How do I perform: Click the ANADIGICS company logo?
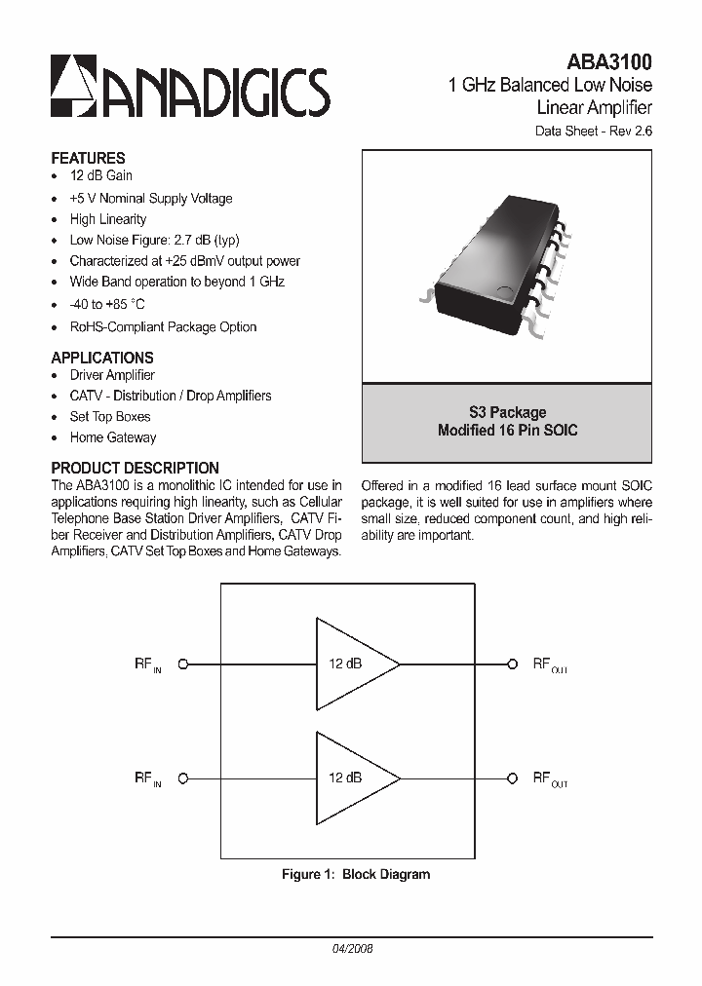pyautogui.click(x=190, y=87)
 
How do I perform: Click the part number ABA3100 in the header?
pyautogui.click(x=609, y=61)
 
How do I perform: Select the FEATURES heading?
pyautogui.click(x=88, y=158)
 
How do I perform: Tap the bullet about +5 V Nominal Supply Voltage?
pyautogui.click(x=150, y=199)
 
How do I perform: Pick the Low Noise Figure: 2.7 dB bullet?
pyautogui.click(x=154, y=241)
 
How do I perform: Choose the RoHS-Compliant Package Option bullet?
pyautogui.click(x=163, y=327)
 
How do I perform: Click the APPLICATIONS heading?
pyautogui.click(x=102, y=358)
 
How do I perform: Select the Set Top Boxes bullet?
pyautogui.click(x=109, y=417)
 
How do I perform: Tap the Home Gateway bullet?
pyautogui.click(x=112, y=438)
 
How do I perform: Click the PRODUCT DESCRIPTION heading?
pyautogui.click(x=135, y=468)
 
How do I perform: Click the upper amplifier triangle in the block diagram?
pyautogui.click(x=351, y=664)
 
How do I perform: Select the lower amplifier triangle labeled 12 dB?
pyautogui.click(x=351, y=778)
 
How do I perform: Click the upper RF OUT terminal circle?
pyautogui.click(x=511, y=664)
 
